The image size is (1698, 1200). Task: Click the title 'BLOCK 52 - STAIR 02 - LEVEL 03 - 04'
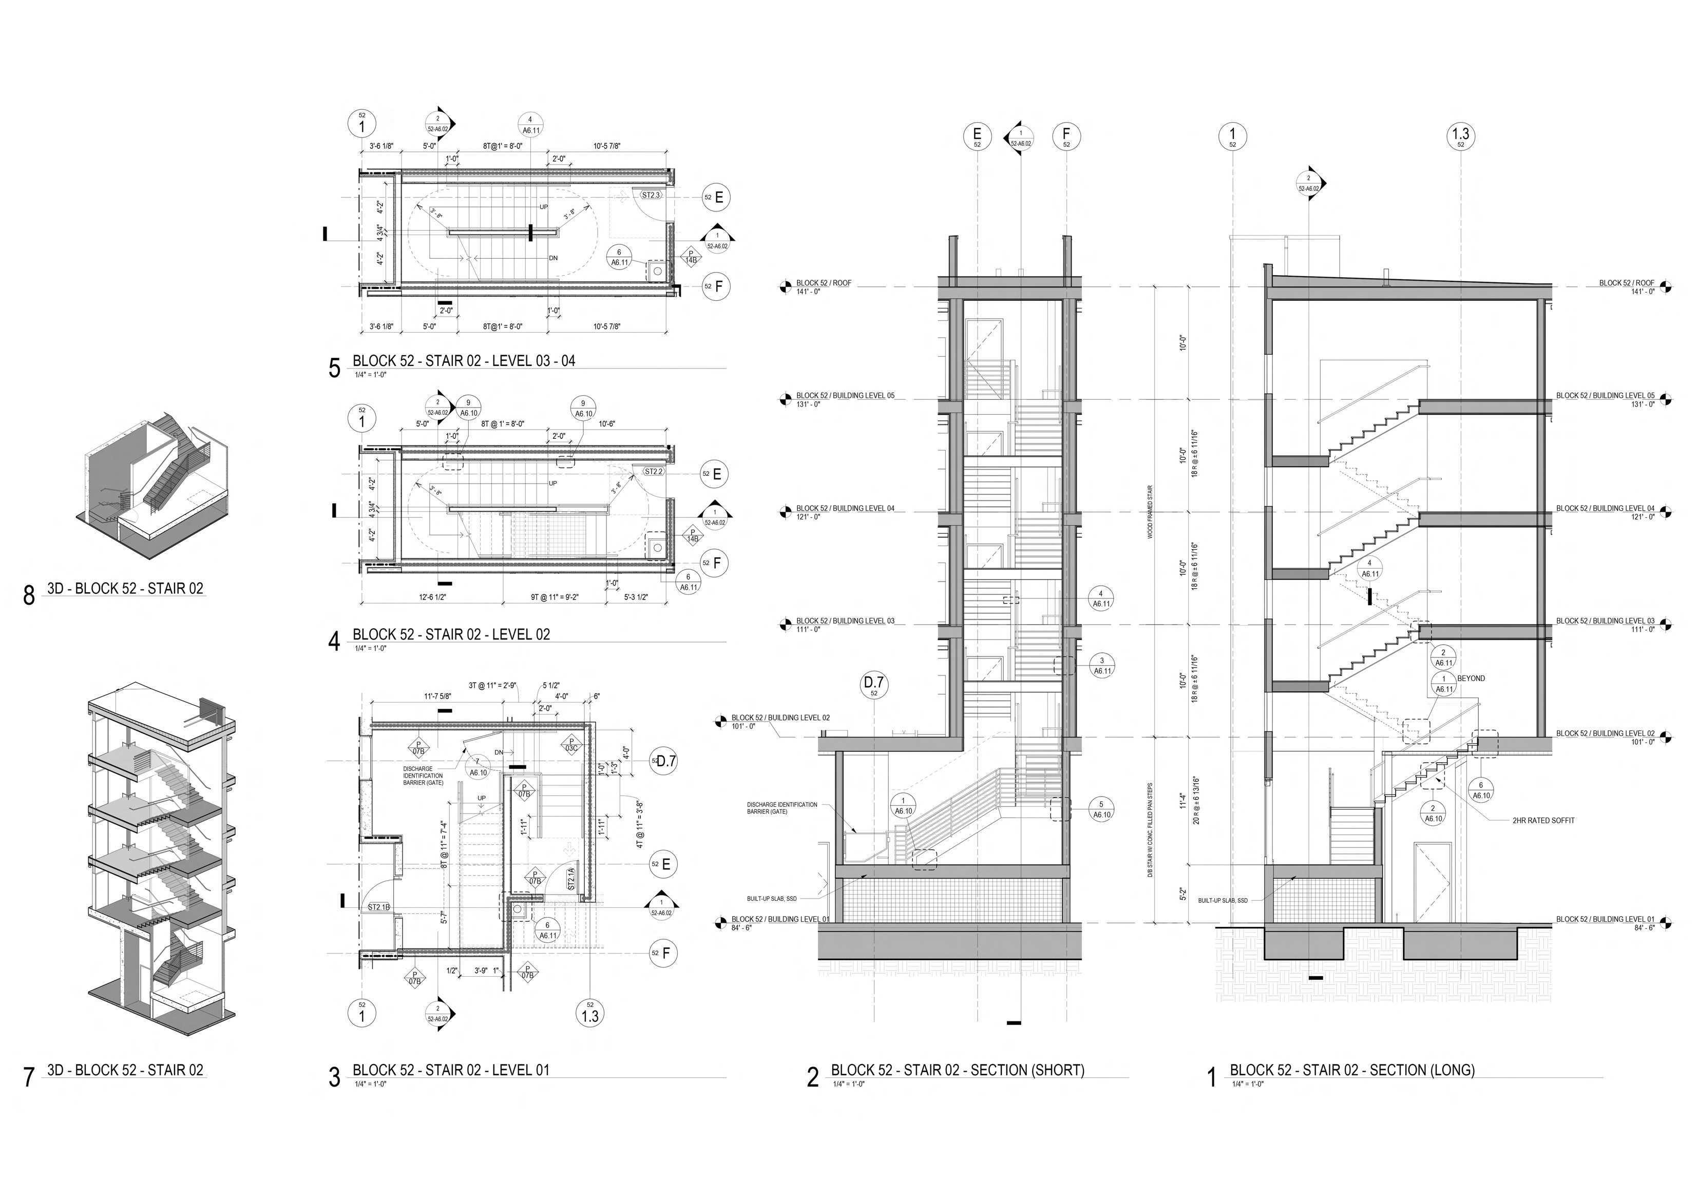pos(464,361)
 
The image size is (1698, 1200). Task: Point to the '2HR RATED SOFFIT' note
pos(1543,820)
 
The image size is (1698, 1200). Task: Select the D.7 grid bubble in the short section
pos(874,685)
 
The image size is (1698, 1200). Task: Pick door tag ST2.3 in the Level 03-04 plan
pos(651,195)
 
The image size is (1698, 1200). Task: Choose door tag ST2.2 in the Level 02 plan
pos(654,471)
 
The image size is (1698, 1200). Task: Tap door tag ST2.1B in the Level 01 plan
pos(378,907)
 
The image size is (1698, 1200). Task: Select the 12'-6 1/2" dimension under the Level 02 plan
pos(433,597)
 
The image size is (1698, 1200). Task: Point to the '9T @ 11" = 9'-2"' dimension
pos(555,597)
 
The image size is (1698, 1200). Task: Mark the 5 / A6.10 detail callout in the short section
pos(1101,809)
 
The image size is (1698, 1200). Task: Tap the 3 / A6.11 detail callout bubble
pos(1102,665)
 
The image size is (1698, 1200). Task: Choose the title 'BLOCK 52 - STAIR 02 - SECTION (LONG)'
pos(1352,1070)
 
